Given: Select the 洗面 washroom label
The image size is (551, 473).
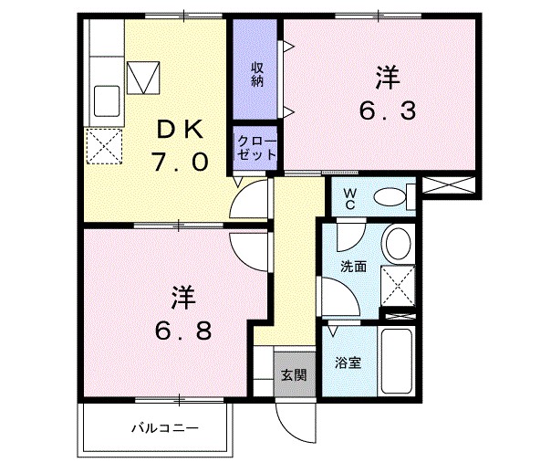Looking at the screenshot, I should (x=353, y=268).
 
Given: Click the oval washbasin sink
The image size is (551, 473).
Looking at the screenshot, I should (x=398, y=244).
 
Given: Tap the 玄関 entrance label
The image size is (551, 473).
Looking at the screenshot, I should (x=293, y=374).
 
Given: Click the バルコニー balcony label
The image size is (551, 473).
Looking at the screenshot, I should (x=164, y=427).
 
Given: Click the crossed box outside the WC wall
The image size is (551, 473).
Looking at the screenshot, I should (x=452, y=185).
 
